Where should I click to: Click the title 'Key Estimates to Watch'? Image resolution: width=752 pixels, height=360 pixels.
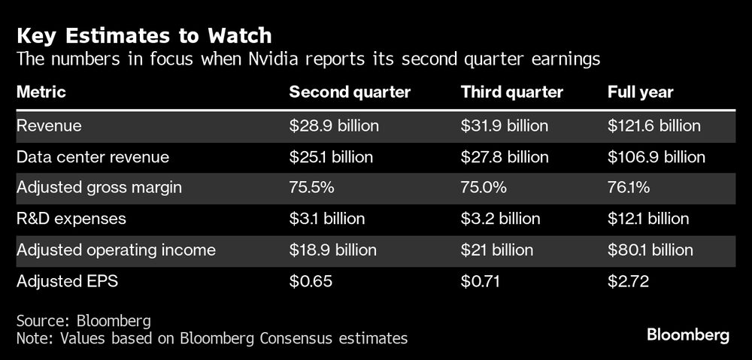[144, 35]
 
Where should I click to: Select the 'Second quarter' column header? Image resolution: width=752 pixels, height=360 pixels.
[350, 92]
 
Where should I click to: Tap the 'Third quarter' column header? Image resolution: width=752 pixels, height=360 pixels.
[511, 92]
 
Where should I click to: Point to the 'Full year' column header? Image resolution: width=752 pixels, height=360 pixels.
[640, 92]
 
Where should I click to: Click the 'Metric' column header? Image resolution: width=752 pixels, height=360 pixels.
[41, 92]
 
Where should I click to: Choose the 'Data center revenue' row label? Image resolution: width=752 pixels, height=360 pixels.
[92, 157]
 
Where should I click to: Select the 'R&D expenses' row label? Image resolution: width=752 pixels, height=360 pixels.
[71, 219]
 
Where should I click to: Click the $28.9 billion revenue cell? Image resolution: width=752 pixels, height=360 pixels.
[335, 126]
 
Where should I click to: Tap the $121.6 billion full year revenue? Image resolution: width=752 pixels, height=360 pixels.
[653, 126]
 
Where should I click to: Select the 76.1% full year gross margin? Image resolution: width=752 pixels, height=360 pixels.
[628, 188]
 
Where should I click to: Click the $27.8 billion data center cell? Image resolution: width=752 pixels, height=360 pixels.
[504, 157]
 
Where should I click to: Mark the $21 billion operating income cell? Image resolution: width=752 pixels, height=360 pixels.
[496, 250]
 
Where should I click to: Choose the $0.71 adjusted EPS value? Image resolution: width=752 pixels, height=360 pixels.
[481, 281]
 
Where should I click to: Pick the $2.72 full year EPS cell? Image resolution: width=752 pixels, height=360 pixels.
[628, 281]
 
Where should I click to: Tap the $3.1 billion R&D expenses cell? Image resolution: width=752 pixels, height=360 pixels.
[327, 219]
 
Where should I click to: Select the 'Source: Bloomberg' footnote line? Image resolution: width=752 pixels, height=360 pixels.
[83, 320]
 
